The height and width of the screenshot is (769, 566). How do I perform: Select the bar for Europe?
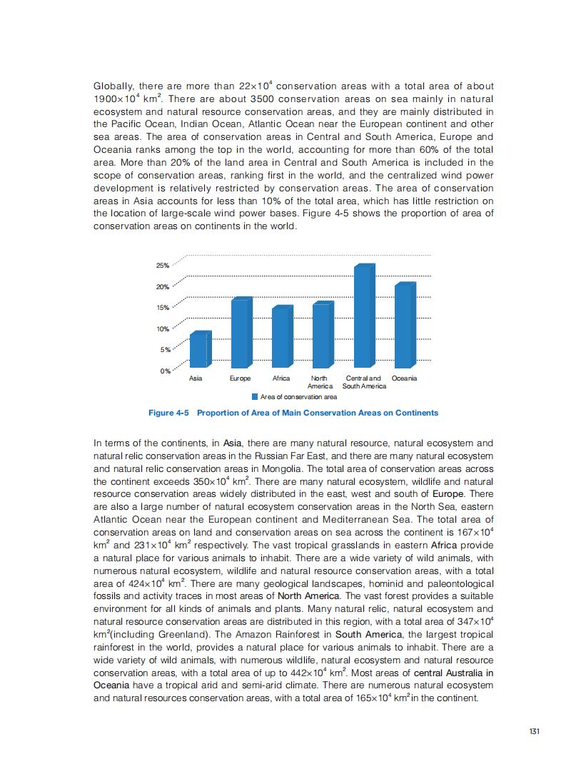[241, 333]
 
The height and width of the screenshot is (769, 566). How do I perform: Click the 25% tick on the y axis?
[162, 266]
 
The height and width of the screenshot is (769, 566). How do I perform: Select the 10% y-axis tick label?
[162, 329]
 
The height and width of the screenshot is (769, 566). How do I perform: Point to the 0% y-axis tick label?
[164, 371]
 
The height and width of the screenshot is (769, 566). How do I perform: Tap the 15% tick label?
[162, 308]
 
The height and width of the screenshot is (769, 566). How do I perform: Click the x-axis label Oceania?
[404, 378]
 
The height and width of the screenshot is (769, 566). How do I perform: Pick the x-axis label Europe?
[240, 378]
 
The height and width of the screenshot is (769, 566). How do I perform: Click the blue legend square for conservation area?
[255, 396]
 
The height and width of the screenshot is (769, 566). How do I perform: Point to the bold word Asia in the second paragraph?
[233, 443]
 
